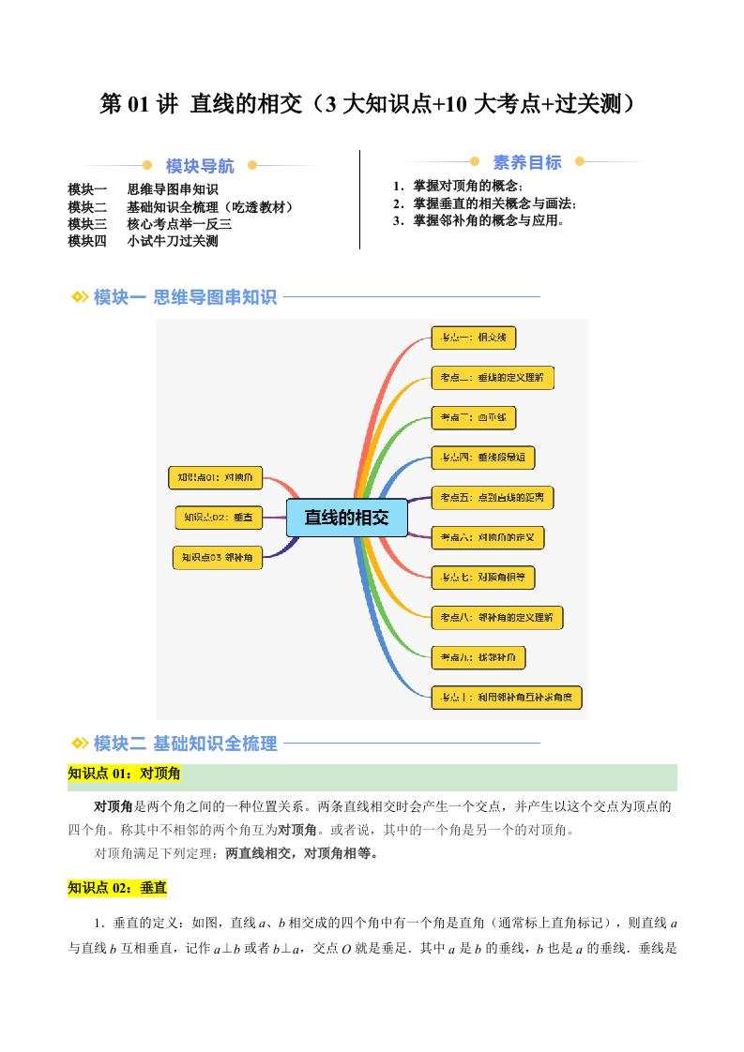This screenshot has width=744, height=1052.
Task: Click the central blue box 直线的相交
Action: (346, 517)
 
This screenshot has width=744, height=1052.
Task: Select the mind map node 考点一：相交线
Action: (474, 338)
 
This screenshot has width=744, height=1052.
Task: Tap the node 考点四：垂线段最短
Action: (483, 458)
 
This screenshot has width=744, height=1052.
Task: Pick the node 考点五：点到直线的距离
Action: (492, 497)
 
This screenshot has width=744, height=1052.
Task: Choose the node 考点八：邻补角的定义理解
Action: (496, 617)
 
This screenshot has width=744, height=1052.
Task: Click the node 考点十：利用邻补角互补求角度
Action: (507, 697)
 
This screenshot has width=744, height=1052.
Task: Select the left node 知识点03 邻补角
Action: (218, 557)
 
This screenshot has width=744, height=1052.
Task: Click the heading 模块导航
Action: (200, 166)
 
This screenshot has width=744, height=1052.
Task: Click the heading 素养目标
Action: (526, 162)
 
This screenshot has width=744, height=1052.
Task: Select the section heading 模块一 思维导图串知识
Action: (185, 297)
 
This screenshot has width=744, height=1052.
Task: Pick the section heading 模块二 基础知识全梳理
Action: (185, 744)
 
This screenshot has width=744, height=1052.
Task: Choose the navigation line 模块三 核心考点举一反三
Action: (150, 224)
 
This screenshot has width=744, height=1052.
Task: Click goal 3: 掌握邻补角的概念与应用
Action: (478, 220)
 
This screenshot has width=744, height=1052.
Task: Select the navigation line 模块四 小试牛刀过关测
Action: (144, 241)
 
